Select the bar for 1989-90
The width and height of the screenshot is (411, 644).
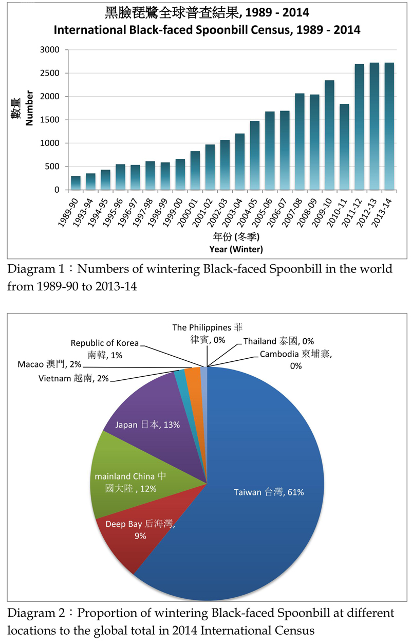click(x=76, y=183)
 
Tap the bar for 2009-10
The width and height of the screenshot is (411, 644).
click(x=329, y=135)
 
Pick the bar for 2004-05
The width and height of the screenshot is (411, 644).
click(x=254, y=155)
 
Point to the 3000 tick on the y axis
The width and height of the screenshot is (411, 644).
click(x=51, y=50)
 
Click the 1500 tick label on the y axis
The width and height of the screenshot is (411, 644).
click(x=51, y=120)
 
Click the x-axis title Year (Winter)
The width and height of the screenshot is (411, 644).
click(x=236, y=249)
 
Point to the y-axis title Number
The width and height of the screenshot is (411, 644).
click(x=29, y=108)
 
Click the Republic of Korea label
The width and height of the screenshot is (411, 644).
click(x=105, y=348)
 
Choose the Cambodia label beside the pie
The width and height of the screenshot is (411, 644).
click(x=295, y=360)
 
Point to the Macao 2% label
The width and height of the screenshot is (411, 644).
click(x=49, y=364)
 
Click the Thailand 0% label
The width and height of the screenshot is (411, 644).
click(x=278, y=341)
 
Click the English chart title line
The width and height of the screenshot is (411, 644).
click(x=207, y=30)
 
